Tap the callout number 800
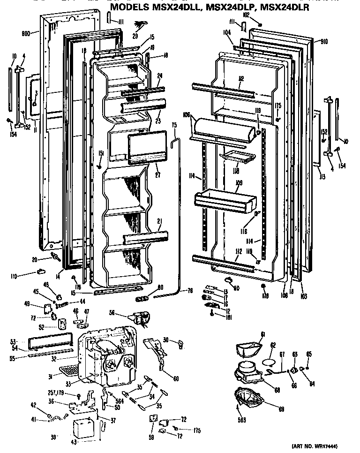(26, 34)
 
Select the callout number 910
(323, 42)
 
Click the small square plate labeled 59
(153, 418)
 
